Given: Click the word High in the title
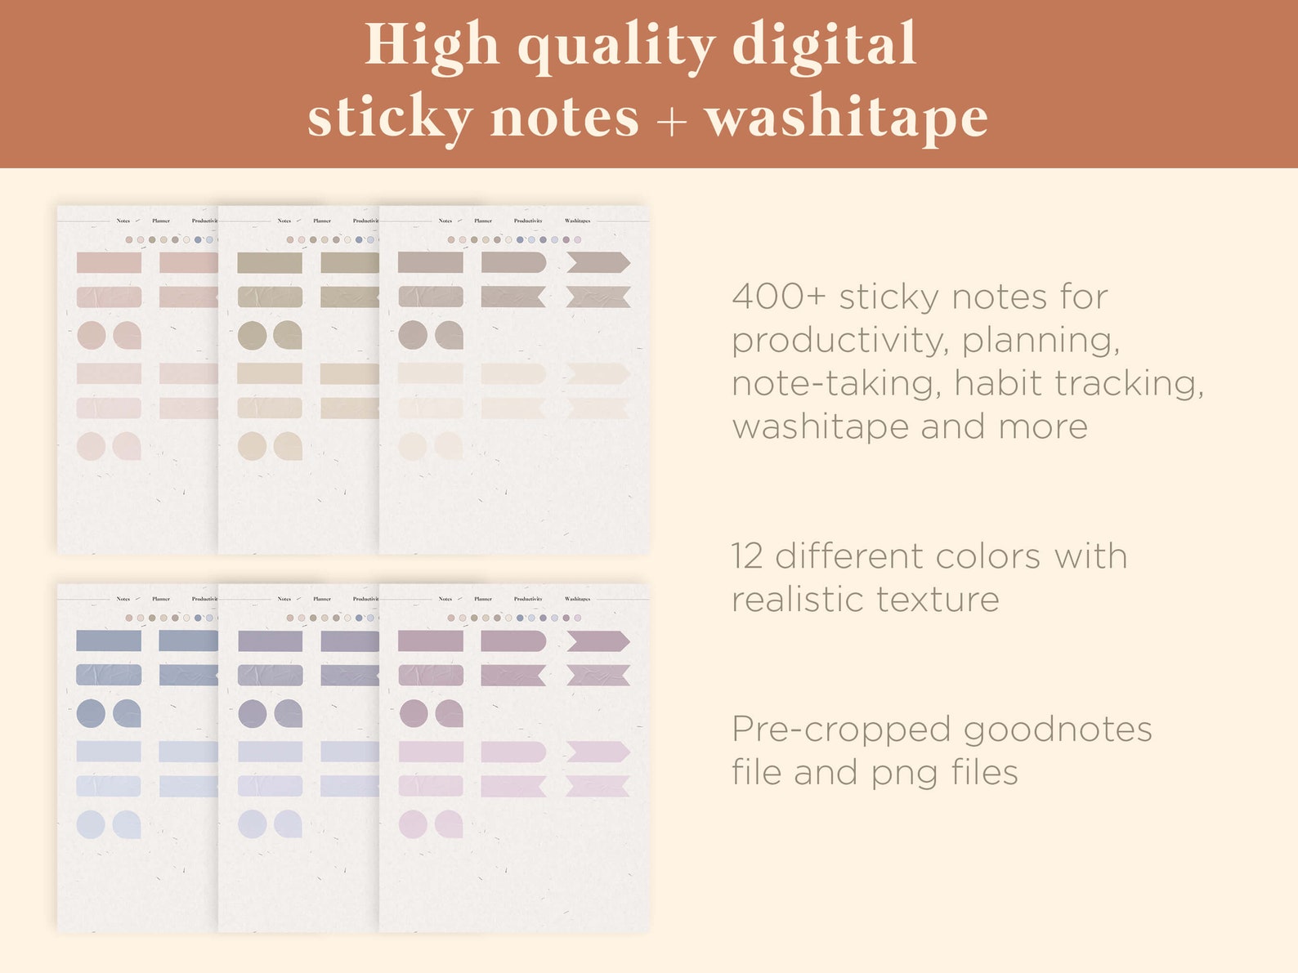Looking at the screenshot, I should (x=431, y=46).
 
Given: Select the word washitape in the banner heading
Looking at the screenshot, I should (x=846, y=118).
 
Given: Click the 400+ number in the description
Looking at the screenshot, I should (x=779, y=297).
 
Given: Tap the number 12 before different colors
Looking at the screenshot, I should (x=747, y=556).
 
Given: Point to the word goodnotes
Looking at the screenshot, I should (x=1058, y=730).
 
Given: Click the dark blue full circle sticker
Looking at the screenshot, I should (x=91, y=713).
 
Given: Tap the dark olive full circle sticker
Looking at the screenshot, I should (x=252, y=335).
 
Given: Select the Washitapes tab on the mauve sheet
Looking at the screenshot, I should (x=577, y=599).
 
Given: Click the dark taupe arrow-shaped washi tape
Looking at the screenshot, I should (x=598, y=262).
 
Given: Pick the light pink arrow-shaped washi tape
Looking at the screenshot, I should (x=598, y=752).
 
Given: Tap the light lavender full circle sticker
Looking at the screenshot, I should (x=252, y=824).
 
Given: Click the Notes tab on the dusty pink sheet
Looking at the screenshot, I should (x=123, y=221).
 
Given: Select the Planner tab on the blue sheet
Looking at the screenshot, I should (x=161, y=599).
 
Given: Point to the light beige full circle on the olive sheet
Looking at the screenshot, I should (x=252, y=446).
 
